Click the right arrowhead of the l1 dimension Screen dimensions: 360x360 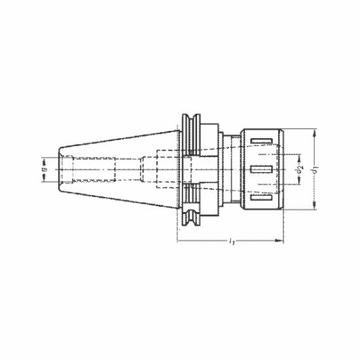281,241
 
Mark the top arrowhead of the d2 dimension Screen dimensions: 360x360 300,156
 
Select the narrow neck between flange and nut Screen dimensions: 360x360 226,169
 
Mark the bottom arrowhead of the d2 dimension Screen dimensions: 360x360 300,184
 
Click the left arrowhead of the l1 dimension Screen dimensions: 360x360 179,241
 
